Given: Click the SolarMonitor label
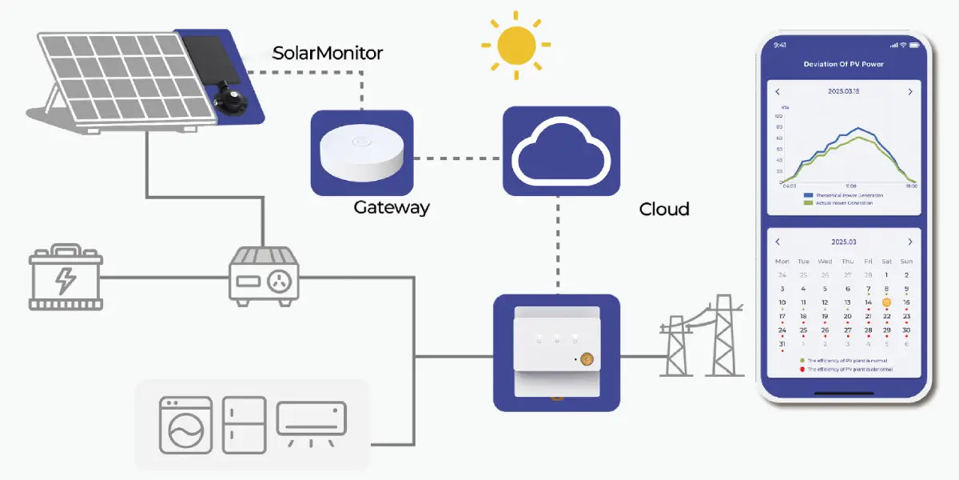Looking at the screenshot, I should click(328, 54).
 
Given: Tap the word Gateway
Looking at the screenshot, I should click(392, 208).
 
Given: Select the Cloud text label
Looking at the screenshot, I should click(664, 210).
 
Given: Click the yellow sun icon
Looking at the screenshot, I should click(516, 45).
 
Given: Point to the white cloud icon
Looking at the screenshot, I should click(561, 151).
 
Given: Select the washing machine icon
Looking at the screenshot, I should click(185, 425).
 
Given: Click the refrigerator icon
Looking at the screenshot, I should click(244, 425).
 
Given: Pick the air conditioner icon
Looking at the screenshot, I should click(311, 420).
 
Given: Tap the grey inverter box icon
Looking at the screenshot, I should click(265, 275).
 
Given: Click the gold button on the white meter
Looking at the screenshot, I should click(587, 359).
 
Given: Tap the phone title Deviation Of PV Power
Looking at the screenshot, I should click(843, 64).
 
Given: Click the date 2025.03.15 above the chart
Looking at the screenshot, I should click(844, 92).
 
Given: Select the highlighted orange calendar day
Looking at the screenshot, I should click(886, 302).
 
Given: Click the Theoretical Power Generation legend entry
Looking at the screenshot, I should click(848, 195).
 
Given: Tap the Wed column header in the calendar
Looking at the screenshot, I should click(825, 262).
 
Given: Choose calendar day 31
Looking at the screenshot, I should click(782, 344).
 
